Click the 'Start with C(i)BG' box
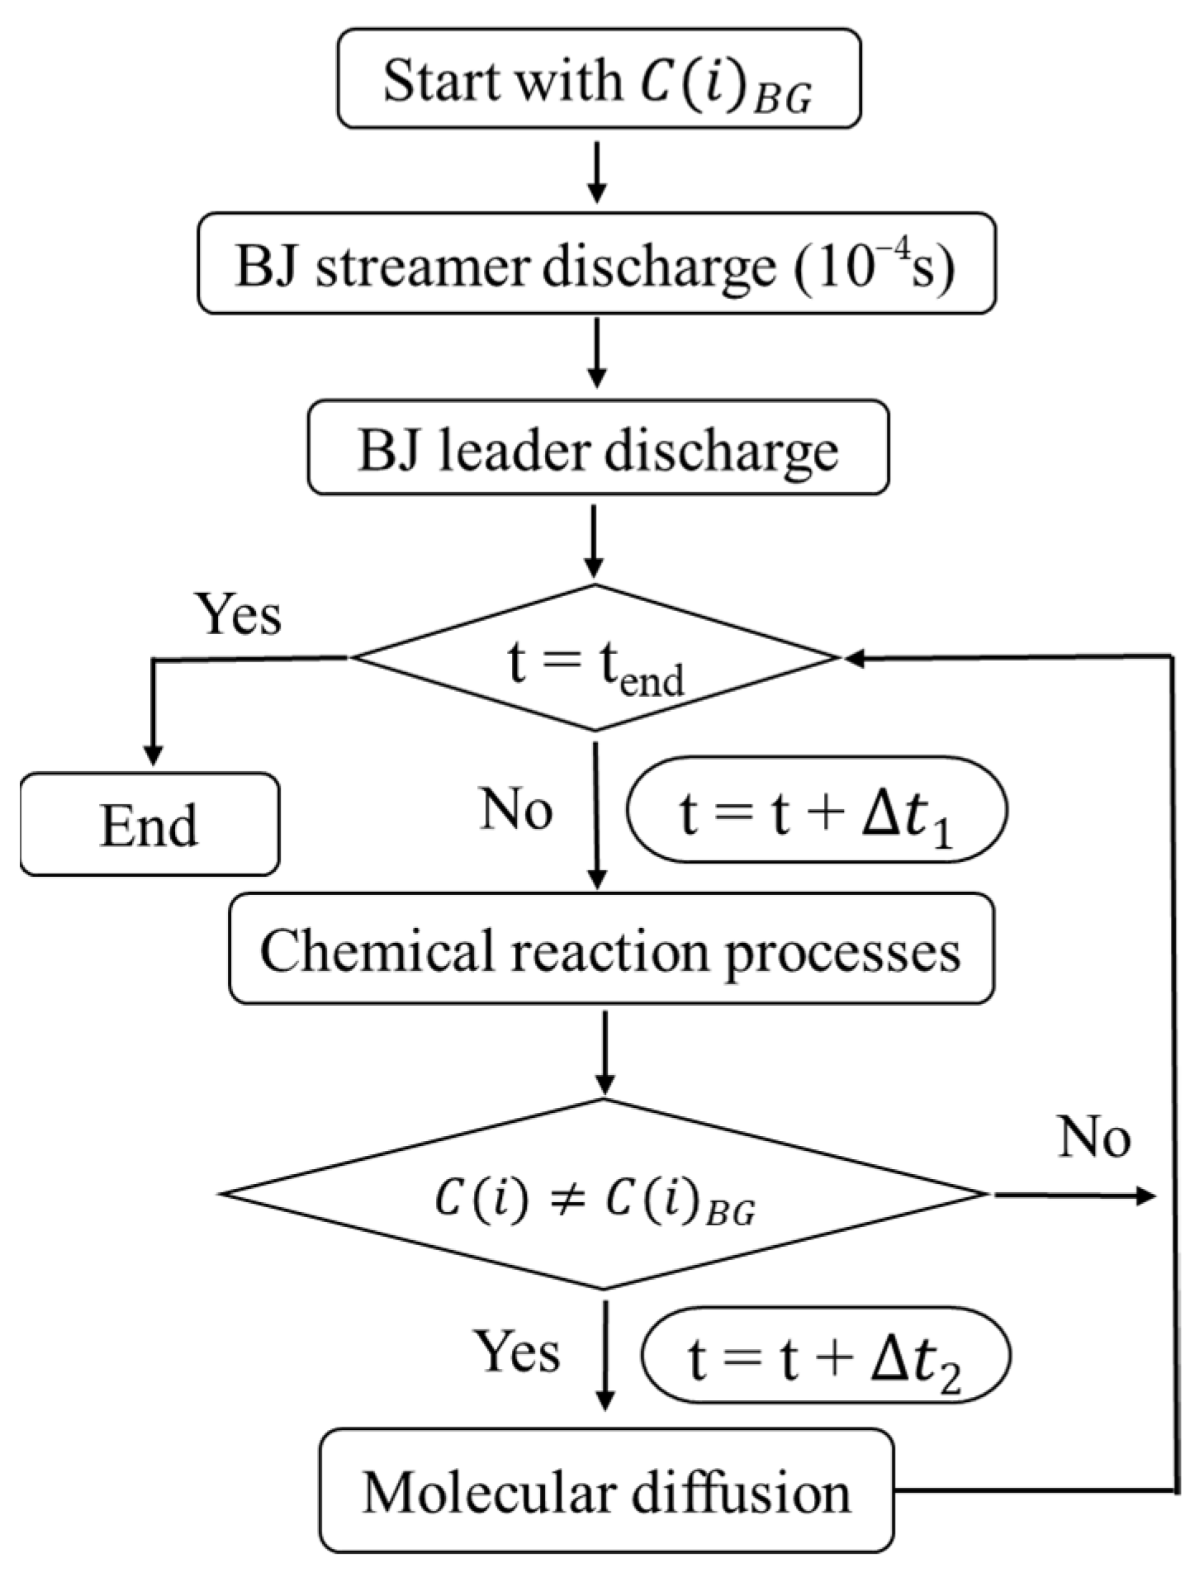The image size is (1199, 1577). click(599, 80)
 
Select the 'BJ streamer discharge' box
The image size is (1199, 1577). click(596, 264)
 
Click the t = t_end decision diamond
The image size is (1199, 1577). click(595, 658)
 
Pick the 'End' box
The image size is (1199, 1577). click(149, 824)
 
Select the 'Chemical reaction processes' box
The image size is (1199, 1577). click(611, 950)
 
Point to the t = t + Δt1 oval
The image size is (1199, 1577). click(816, 812)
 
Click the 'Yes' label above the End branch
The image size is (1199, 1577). click(239, 613)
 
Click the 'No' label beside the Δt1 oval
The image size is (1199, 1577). click(517, 808)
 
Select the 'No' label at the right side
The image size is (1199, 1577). click(1094, 1138)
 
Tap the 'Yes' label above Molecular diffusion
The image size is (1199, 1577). click(517, 1352)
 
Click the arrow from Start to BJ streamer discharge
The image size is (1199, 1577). click(596, 172)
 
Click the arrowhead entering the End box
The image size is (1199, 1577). click(153, 755)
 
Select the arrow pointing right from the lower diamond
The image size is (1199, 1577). click(1073, 1195)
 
